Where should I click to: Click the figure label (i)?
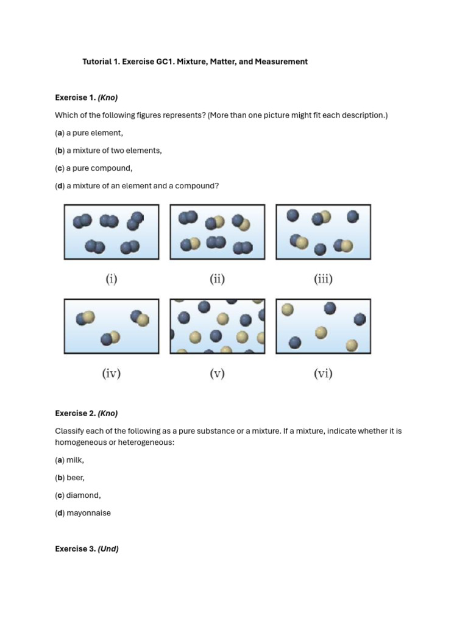tap(112, 279)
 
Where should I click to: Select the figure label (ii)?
tap(218, 279)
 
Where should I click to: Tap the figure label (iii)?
tap(323, 279)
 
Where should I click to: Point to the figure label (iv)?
tap(111, 374)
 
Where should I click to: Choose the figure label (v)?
tap(218, 374)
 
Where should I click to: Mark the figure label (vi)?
tap(323, 374)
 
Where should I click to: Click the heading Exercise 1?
tap(75, 97)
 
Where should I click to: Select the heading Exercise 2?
tap(75, 413)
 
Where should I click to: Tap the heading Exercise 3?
tap(75, 548)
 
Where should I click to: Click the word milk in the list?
tap(75, 460)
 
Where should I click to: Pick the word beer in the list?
tap(76, 478)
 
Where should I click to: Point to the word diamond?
tap(83, 495)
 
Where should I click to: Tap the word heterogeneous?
tap(148, 442)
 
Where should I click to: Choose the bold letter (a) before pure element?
tap(60, 133)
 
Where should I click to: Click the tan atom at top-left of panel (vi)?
tap(287, 310)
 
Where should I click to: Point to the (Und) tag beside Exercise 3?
tap(108, 548)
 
